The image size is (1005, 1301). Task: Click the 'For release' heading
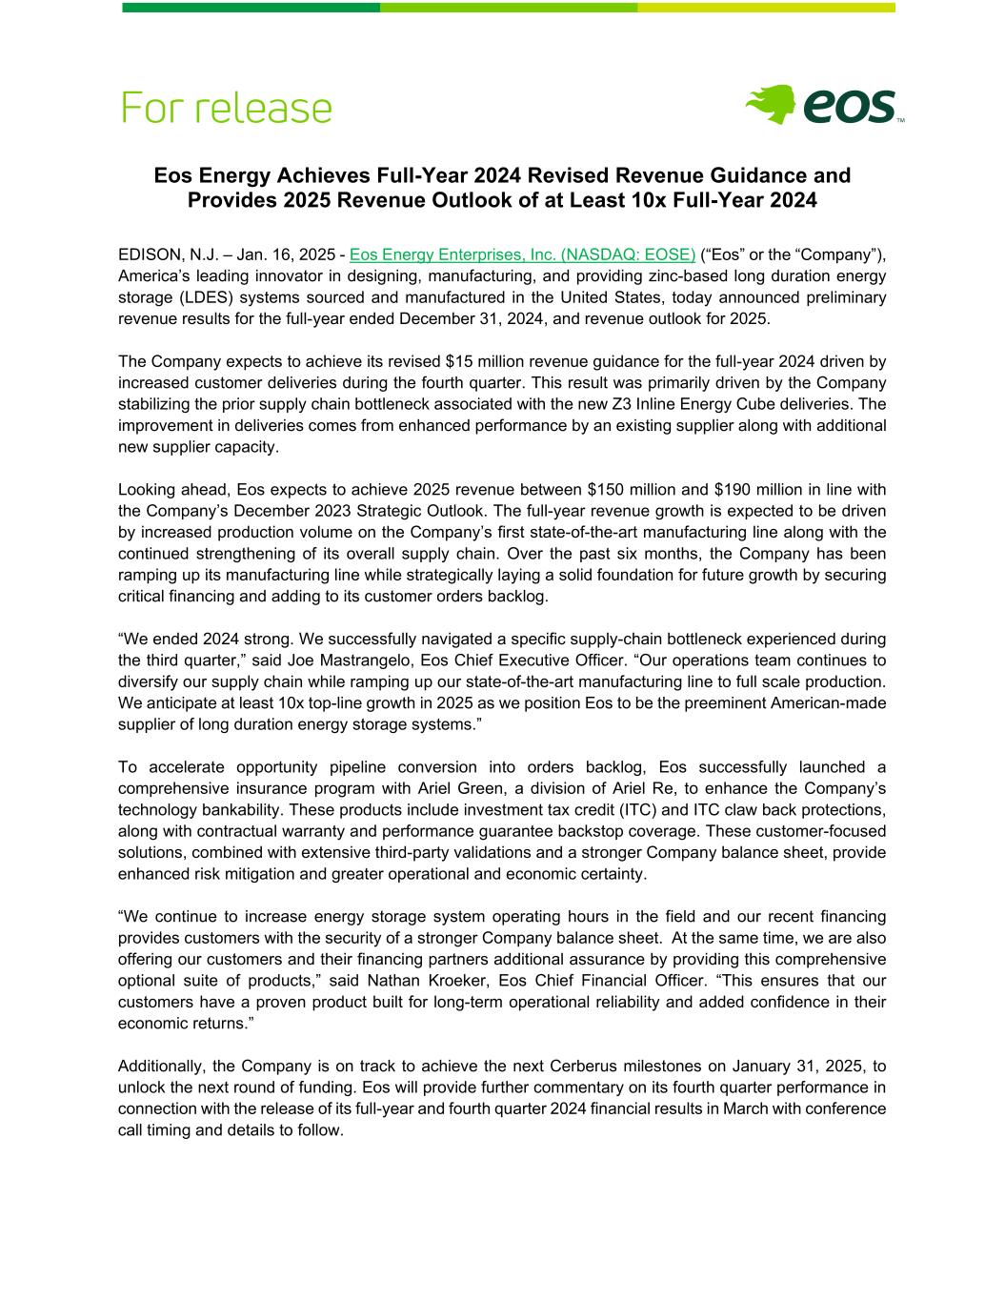pos(227,107)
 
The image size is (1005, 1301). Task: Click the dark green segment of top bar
pos(251,8)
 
